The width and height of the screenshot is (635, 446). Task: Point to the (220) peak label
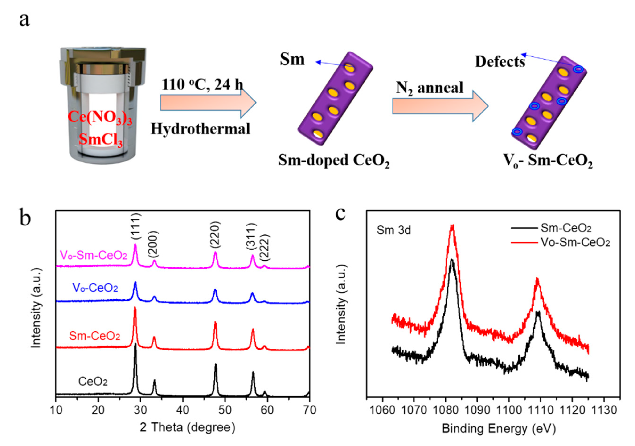click(x=215, y=234)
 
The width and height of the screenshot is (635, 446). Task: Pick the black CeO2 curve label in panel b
click(x=93, y=382)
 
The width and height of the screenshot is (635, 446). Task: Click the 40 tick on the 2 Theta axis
click(x=183, y=410)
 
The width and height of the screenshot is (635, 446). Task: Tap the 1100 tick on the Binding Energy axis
click(x=509, y=410)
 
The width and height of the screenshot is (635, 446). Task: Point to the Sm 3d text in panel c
click(x=393, y=230)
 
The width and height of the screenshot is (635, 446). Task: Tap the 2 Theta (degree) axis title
click(x=188, y=427)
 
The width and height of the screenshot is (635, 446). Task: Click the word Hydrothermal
click(x=200, y=129)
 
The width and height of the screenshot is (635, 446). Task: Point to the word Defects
click(x=500, y=61)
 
